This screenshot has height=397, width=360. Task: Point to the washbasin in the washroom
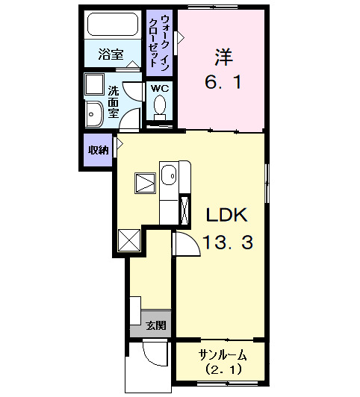[x=94, y=114]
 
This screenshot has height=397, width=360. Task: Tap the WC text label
[x=160, y=88]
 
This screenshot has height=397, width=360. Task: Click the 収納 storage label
[x=98, y=150]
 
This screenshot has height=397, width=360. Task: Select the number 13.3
[x=227, y=242]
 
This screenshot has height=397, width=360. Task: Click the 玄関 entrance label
[x=155, y=325]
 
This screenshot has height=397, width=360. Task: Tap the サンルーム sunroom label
[x=222, y=354]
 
